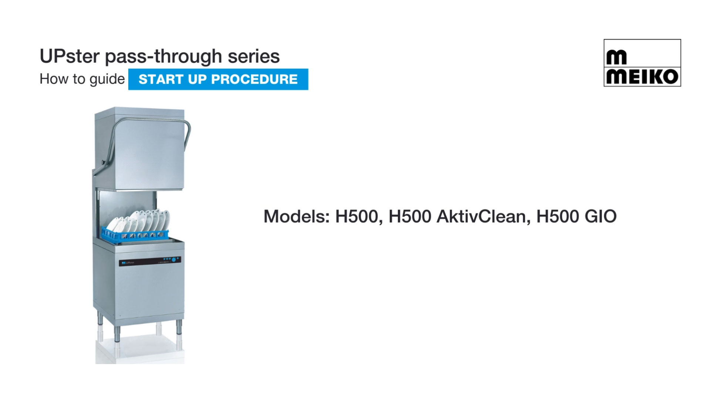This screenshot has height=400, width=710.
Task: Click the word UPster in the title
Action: click(70, 57)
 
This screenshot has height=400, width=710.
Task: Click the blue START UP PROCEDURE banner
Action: click(218, 79)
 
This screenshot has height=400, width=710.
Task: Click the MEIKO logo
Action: click(642, 63)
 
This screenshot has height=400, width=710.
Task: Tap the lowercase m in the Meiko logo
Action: click(616, 57)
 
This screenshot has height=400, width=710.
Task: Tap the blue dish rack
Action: click(135, 234)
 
